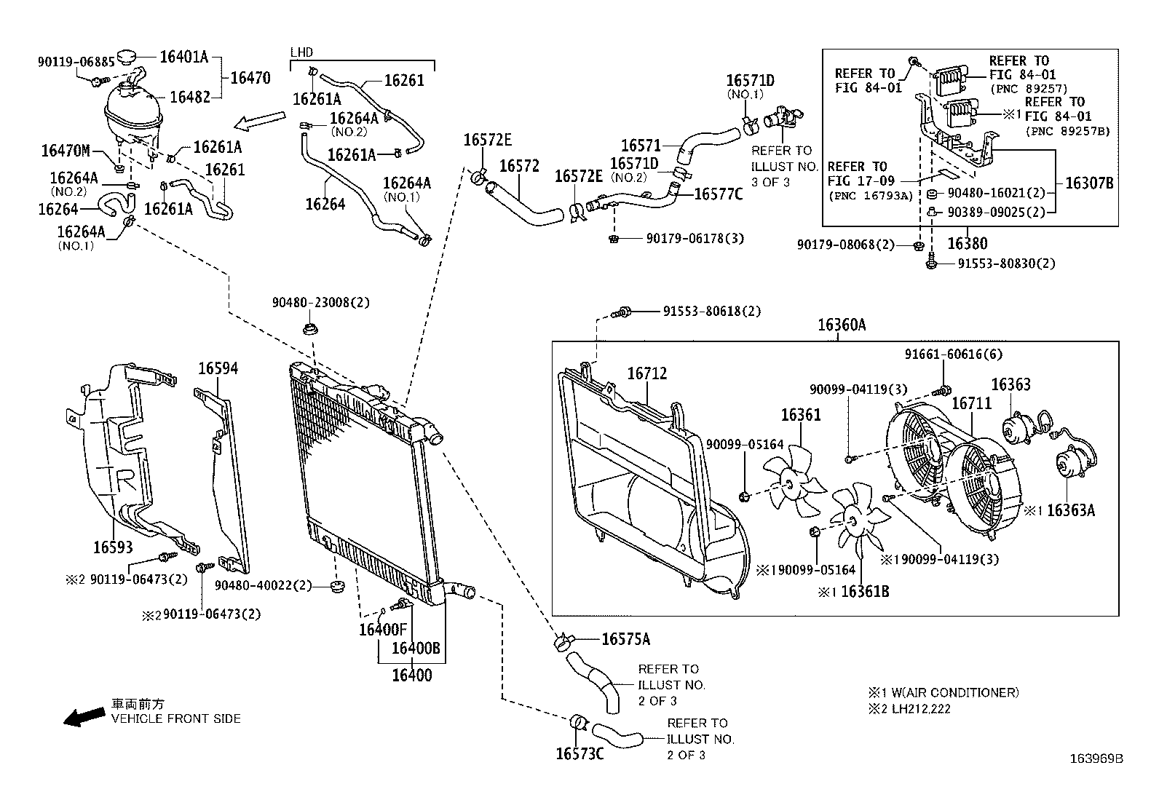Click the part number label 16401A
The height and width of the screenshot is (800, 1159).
pos(184,57)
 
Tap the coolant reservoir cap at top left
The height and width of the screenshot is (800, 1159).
pos(129,56)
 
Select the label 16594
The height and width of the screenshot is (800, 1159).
pos(218,369)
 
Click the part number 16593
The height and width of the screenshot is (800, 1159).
pos(113,546)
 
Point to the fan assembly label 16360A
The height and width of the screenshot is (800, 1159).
pos(841,325)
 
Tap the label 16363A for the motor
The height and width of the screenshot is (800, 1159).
pos(1070,510)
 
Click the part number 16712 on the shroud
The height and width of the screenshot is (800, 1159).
pos(647,373)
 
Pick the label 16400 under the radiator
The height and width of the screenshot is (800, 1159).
pos(411,675)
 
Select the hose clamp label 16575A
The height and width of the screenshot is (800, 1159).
pos(625,639)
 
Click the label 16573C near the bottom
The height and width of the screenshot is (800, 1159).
pos(579,753)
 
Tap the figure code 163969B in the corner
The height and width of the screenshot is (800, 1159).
pos(1096,759)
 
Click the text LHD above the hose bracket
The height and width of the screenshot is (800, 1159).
pos(301,52)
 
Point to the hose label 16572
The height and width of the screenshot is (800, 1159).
pos(519,166)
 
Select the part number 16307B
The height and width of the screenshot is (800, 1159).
pos(1089,183)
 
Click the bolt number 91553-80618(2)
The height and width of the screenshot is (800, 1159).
pos(711,311)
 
